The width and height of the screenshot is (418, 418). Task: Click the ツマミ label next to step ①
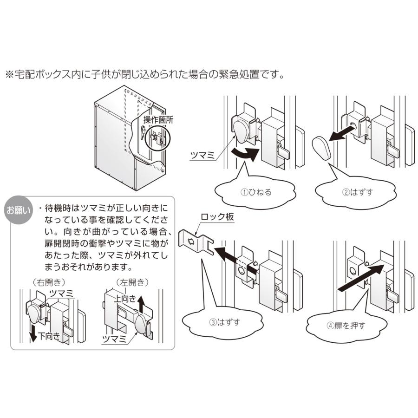pyautogui.click(x=203, y=157)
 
